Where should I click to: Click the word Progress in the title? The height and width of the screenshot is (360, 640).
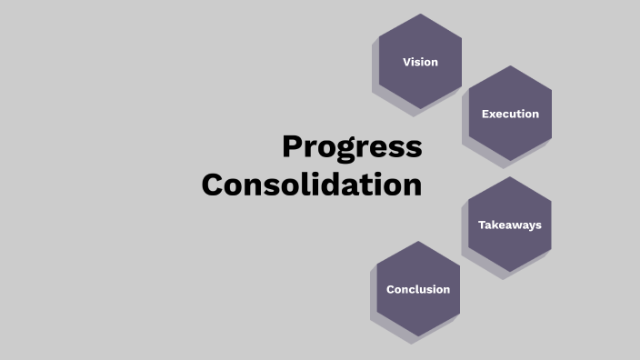point(352,147)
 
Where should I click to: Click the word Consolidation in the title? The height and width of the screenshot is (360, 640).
point(312,185)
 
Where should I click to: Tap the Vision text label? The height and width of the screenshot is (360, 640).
point(420,62)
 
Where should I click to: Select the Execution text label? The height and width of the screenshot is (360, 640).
point(510,114)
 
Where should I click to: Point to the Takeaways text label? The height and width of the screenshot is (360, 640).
point(510,225)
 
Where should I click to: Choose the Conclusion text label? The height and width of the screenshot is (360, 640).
point(418,289)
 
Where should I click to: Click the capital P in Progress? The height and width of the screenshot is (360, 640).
point(292,147)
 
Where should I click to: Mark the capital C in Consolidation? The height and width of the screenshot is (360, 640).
point(213,185)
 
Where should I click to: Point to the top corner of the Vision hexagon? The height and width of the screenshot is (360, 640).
point(420,15)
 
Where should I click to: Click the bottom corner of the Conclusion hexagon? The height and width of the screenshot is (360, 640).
point(418,336)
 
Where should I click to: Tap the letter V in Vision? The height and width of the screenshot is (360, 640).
point(406,62)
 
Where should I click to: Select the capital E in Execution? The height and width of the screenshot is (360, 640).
point(485,114)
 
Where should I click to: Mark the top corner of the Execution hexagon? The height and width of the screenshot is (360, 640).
point(510,66)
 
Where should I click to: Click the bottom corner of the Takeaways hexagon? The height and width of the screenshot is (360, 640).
point(510,272)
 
